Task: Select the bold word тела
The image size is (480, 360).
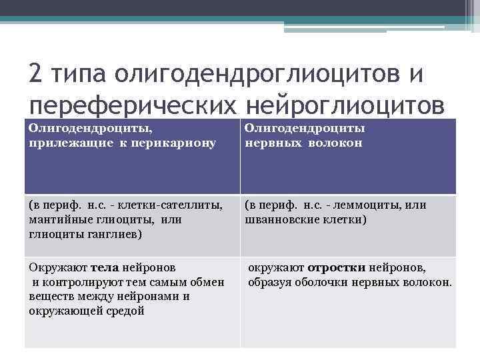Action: pyautogui.click(x=105, y=267)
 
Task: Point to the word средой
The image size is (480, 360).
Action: pyautogui.click(x=127, y=311)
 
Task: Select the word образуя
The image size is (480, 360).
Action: pyautogui.click(x=267, y=282)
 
